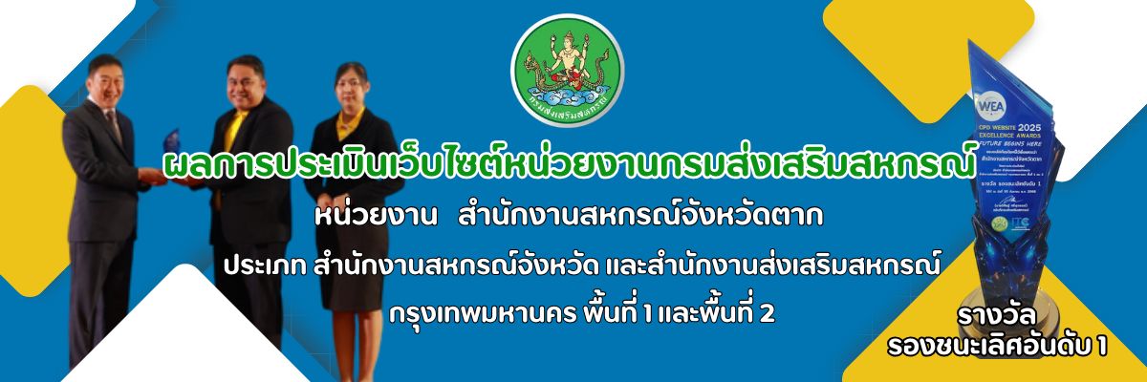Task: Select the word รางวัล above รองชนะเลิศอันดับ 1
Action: (x=996, y=316)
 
